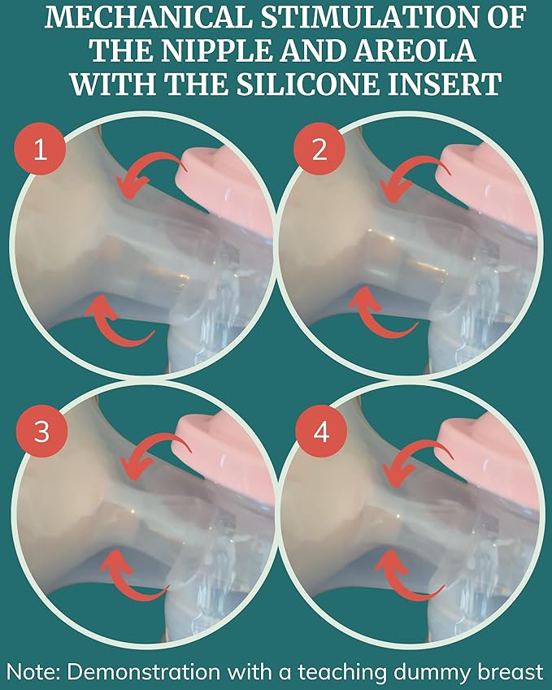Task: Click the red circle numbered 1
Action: point(40,150)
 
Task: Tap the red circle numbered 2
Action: point(319,150)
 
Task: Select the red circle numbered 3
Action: point(41,432)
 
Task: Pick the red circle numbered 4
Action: point(321,432)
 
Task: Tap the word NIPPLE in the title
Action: point(215,50)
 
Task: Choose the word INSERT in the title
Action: point(444,84)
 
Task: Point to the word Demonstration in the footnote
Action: point(144,672)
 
